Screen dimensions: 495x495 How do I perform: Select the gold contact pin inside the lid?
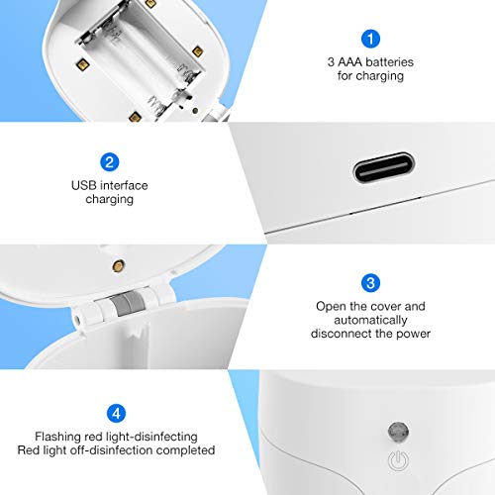pyautogui.click(x=119, y=266)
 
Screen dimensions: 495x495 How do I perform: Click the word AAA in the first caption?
pyautogui.click(x=348, y=62)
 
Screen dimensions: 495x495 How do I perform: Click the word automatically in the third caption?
pyautogui.click(x=368, y=322)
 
